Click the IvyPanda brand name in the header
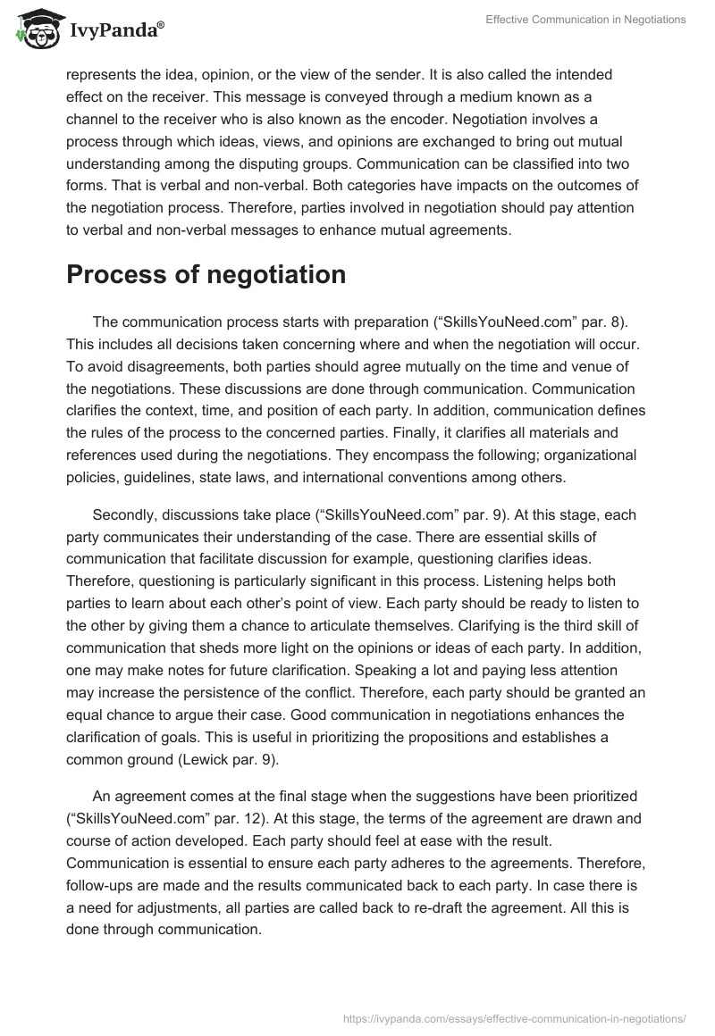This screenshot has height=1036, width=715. (116, 29)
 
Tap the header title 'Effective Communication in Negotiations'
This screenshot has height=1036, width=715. (585, 20)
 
